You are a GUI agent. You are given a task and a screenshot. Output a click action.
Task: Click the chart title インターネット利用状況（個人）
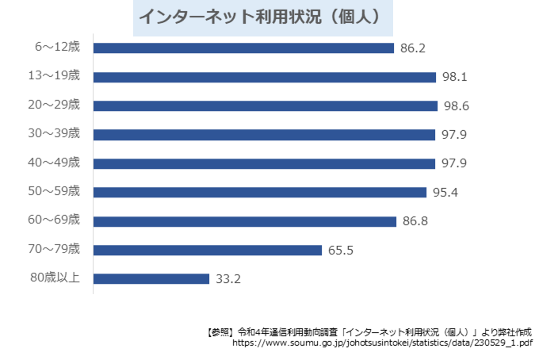coord(262,16)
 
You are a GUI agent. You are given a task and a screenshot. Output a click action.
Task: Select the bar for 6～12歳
coord(243,48)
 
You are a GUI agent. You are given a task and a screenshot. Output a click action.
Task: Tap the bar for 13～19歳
coord(265,77)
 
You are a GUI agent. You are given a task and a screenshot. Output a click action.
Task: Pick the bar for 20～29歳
coord(266,105)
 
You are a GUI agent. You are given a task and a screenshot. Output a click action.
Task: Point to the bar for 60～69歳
coord(244,221)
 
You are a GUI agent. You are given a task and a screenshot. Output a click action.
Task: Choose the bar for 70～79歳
coord(207,250)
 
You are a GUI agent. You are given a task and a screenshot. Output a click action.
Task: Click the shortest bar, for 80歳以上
coord(151,278)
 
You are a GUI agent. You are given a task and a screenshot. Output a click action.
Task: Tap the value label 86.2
coord(413,48)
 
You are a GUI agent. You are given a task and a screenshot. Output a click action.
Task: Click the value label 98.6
coord(455,105)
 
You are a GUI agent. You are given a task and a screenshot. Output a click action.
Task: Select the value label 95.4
coord(445,193)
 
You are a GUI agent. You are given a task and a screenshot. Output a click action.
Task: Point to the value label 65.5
coord(341,250)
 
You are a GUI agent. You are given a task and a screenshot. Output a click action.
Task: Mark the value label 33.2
coord(228,278)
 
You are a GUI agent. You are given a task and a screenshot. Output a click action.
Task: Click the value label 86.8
coord(415,221)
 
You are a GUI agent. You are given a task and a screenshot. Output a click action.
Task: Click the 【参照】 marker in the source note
coord(219,332)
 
